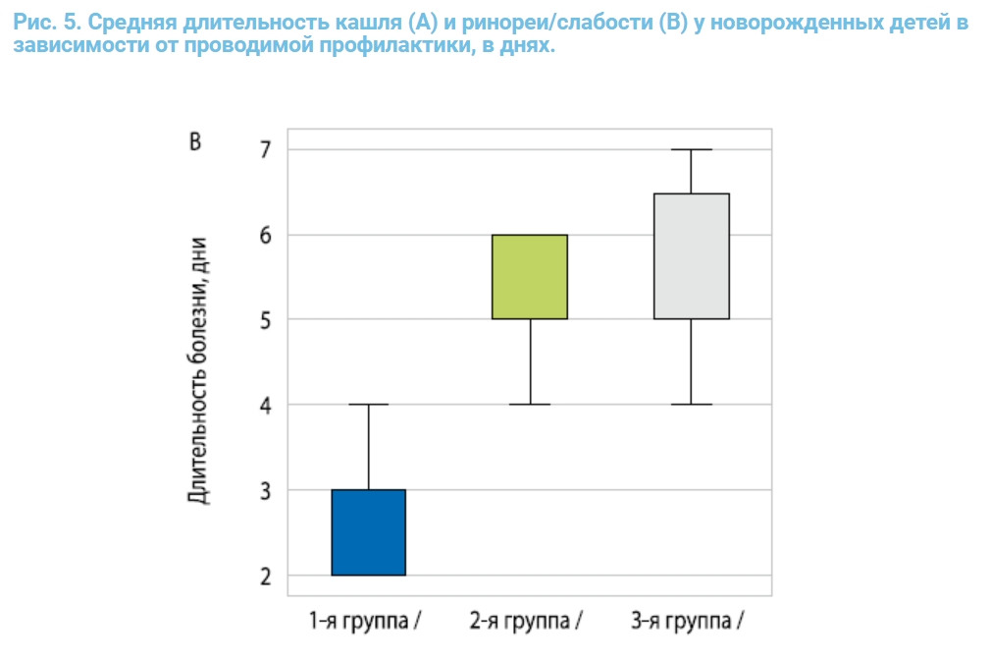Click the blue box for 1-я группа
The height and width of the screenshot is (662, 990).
point(368,531)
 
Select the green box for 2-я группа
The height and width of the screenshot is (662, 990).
point(530,277)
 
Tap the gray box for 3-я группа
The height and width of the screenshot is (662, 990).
point(692,256)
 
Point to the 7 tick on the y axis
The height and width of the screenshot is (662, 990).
point(265,150)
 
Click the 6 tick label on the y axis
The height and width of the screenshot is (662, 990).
point(265,235)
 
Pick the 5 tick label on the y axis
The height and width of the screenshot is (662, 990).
point(265,320)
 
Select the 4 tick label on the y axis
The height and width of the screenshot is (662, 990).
point(265,405)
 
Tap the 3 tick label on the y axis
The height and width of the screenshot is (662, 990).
point(265,490)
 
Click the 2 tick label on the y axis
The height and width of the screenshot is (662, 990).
point(265,576)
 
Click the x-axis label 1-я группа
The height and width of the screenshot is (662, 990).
point(363,621)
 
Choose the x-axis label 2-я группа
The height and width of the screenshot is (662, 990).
point(525,621)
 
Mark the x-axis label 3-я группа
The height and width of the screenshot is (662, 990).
point(687,621)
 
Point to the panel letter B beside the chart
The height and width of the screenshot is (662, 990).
point(194,142)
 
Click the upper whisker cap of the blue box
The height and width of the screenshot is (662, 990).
point(368,405)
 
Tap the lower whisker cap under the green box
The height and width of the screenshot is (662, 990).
point(530,405)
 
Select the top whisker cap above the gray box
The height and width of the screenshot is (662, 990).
point(692,149)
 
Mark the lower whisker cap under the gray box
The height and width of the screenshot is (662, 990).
point(692,405)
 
